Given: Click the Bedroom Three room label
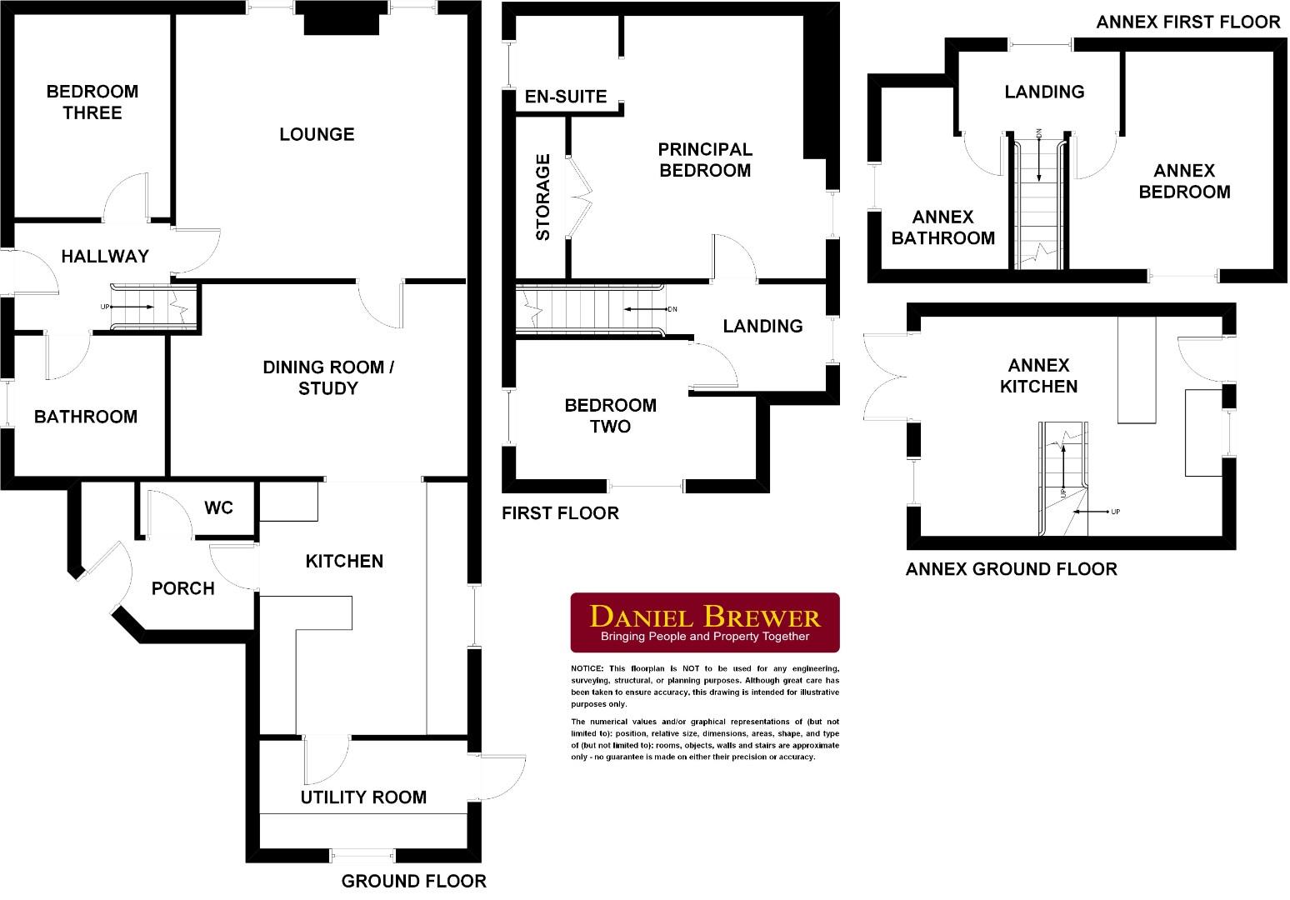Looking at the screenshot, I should click(x=92, y=102).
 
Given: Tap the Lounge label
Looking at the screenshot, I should click(x=317, y=134).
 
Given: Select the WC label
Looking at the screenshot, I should click(x=218, y=507).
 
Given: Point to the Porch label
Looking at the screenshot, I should click(x=182, y=588).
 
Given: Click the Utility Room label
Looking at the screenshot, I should click(x=363, y=797).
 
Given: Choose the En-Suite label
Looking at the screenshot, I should click(x=565, y=97).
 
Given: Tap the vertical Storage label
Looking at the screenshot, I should click(x=543, y=197).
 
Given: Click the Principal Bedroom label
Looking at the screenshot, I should click(x=704, y=160).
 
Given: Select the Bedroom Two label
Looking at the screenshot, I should click(x=610, y=416).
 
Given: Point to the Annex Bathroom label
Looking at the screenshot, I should click(x=942, y=227).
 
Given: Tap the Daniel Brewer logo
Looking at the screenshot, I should click(x=704, y=622).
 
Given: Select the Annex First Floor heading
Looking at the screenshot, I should click(x=1187, y=22).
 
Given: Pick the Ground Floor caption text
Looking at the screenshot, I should click(x=413, y=881).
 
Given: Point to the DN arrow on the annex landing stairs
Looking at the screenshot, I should click(x=1039, y=157).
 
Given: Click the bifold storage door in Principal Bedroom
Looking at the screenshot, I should click(x=580, y=197).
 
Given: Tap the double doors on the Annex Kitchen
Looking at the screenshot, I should click(x=883, y=377).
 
